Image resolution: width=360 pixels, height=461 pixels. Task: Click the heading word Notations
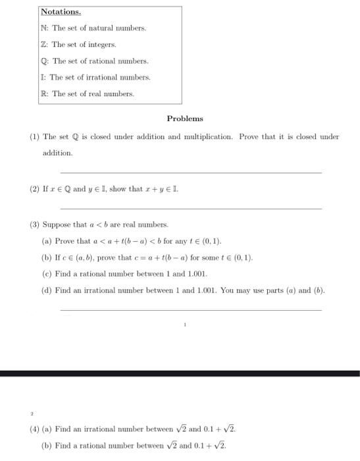tap(61, 13)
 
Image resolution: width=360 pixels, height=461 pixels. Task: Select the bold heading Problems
tap(185, 119)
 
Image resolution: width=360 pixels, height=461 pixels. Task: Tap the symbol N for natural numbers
tap(43, 28)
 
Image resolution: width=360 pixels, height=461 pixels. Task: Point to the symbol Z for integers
tap(43, 45)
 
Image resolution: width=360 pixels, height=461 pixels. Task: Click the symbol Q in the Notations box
tap(43, 61)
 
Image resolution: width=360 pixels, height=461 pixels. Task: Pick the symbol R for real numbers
tap(43, 94)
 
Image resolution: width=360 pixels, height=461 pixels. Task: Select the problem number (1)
tap(34, 137)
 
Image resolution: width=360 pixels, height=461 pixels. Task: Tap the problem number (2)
tap(34, 189)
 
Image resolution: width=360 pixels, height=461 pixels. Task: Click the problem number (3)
tap(34, 225)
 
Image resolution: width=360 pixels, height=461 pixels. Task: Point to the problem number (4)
tap(34, 429)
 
